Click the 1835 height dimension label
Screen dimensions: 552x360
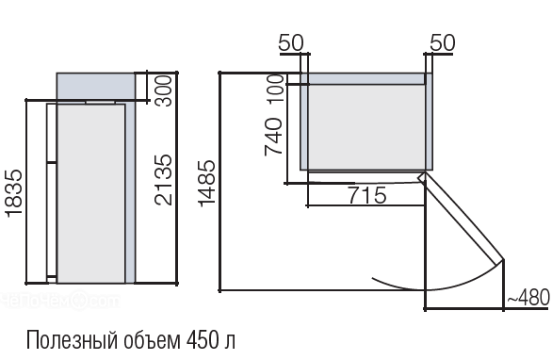(14, 192)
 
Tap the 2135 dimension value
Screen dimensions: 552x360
(164, 180)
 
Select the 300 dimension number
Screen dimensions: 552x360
(164, 90)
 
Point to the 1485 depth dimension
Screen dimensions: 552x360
(206, 183)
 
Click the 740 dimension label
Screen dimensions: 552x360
(273, 137)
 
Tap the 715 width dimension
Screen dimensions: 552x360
(367, 195)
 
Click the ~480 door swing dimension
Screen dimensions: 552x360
(528, 297)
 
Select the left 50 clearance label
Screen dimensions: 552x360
(291, 43)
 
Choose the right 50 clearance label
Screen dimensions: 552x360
(443, 43)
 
